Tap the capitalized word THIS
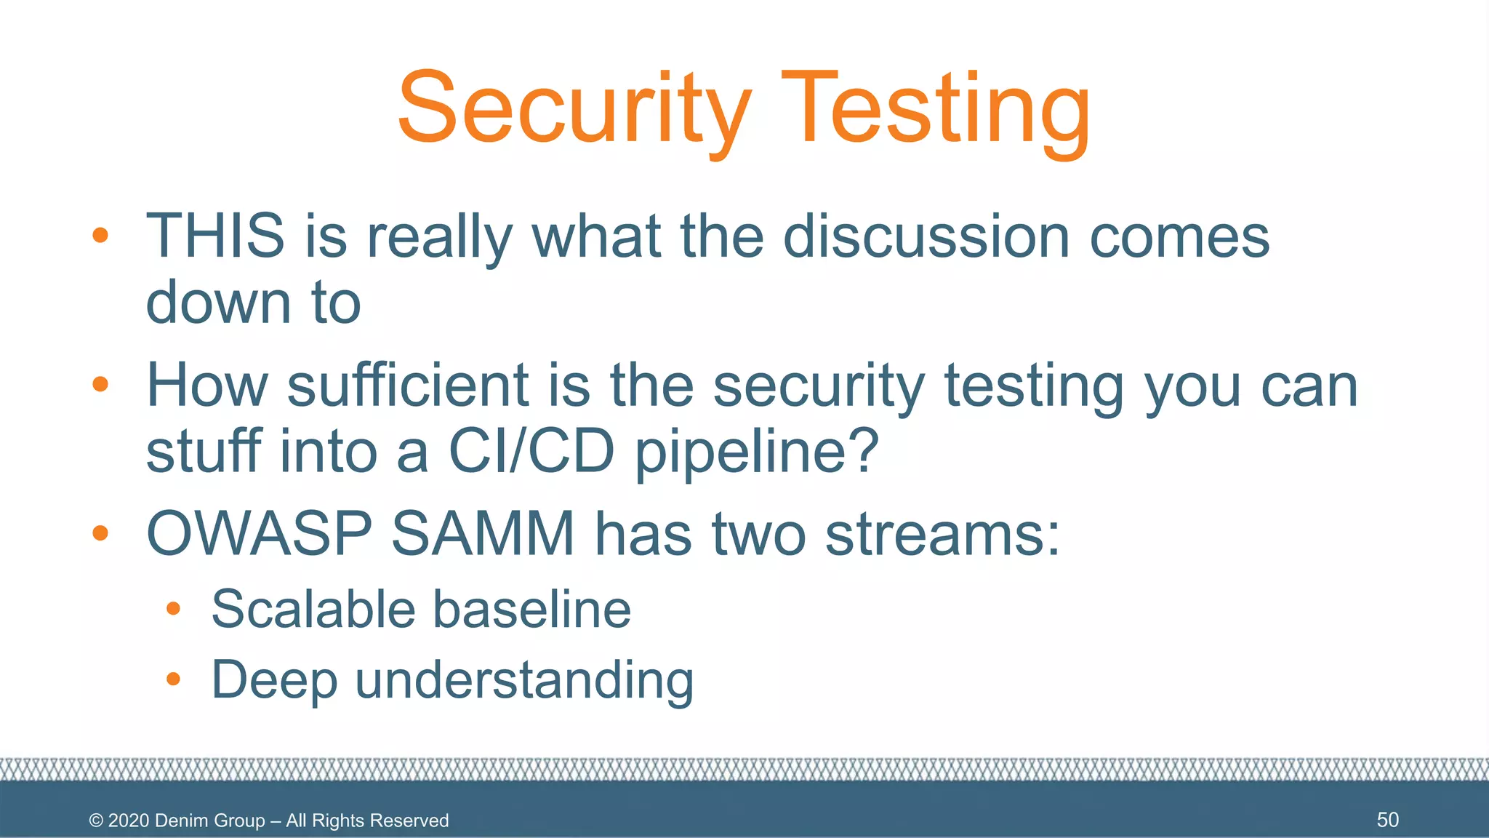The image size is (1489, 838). coord(215,236)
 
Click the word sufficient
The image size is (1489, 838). coord(408,386)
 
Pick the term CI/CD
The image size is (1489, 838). coord(531,451)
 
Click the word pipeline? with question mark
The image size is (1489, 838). coord(757,452)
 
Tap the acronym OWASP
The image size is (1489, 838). coord(260,534)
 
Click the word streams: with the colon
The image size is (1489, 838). coord(943,534)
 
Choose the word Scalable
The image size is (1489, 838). coord(313,609)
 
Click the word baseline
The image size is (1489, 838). coord(531,609)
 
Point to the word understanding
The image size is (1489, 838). coord(524,681)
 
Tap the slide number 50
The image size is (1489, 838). coord(1387,820)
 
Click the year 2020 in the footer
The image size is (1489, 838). coord(129,821)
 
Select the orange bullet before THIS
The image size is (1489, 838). coord(100,235)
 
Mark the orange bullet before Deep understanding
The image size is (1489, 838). coord(173,679)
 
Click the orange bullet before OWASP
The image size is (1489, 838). coord(100,533)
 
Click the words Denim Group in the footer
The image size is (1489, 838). coord(210,821)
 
